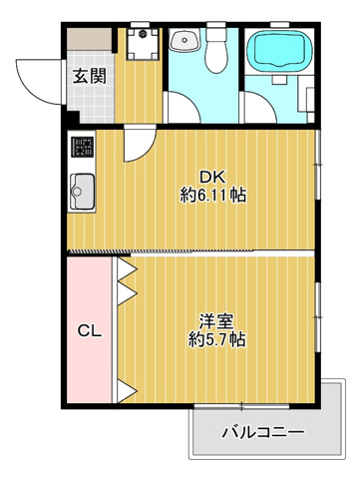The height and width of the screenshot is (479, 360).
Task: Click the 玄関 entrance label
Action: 90,76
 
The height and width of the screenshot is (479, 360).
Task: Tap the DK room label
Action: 212,177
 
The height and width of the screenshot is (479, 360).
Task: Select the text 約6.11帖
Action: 213,196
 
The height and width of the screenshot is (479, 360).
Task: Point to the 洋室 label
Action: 216,321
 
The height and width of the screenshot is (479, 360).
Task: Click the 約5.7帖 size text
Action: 216,339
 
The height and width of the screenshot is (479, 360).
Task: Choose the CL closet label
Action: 90,331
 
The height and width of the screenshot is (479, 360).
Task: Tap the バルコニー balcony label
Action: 263,432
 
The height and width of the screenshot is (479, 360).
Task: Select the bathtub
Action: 279,49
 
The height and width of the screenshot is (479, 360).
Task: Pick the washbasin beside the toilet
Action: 184,40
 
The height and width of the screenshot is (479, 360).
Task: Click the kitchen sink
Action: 82,192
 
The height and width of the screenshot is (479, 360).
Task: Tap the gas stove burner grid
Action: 83,147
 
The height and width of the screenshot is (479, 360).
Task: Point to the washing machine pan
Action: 143,44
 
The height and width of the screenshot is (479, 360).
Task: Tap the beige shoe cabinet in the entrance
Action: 90,39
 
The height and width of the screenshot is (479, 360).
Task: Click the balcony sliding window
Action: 241,406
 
